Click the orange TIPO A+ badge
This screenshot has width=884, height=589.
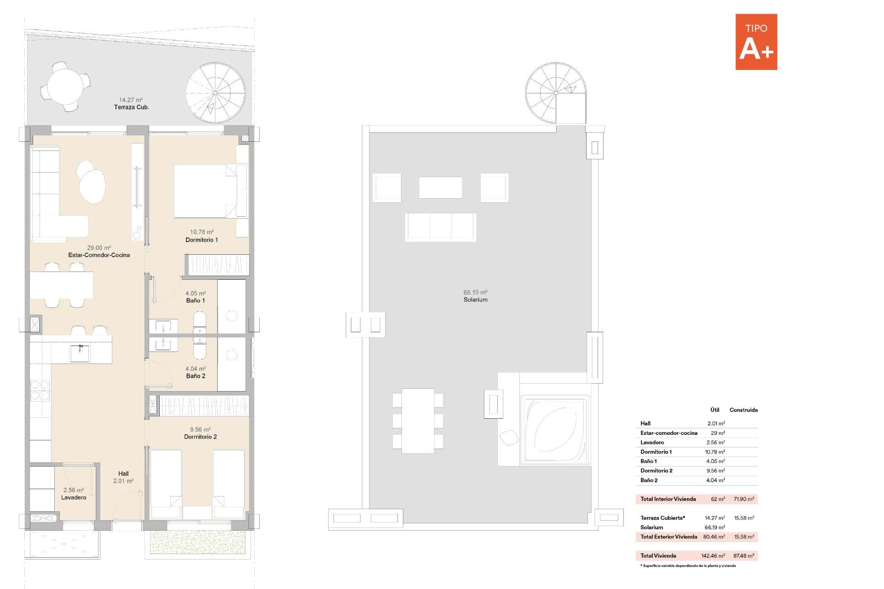point(756,42)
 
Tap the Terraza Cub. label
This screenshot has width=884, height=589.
point(132,107)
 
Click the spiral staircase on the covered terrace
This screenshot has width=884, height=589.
point(215,93)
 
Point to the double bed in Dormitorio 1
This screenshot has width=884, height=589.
point(205,191)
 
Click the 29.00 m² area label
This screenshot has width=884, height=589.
point(99,248)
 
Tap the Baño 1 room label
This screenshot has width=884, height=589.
point(196,300)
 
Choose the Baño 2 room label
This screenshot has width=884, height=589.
point(196,376)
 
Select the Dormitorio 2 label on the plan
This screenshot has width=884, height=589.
point(200,437)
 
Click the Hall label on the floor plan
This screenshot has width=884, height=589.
point(123,474)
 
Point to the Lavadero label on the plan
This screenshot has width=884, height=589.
point(74,497)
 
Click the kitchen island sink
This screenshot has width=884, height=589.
point(80,353)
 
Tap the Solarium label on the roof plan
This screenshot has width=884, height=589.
point(475,300)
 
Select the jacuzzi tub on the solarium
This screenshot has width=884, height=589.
point(555,430)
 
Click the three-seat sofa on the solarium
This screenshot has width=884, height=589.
point(441,227)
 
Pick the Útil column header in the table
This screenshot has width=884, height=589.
point(715,410)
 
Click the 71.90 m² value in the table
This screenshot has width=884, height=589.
point(744,499)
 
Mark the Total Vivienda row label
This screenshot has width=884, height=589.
point(658,556)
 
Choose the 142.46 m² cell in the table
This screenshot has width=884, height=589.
point(713,556)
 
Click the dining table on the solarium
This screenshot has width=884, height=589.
point(418,421)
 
